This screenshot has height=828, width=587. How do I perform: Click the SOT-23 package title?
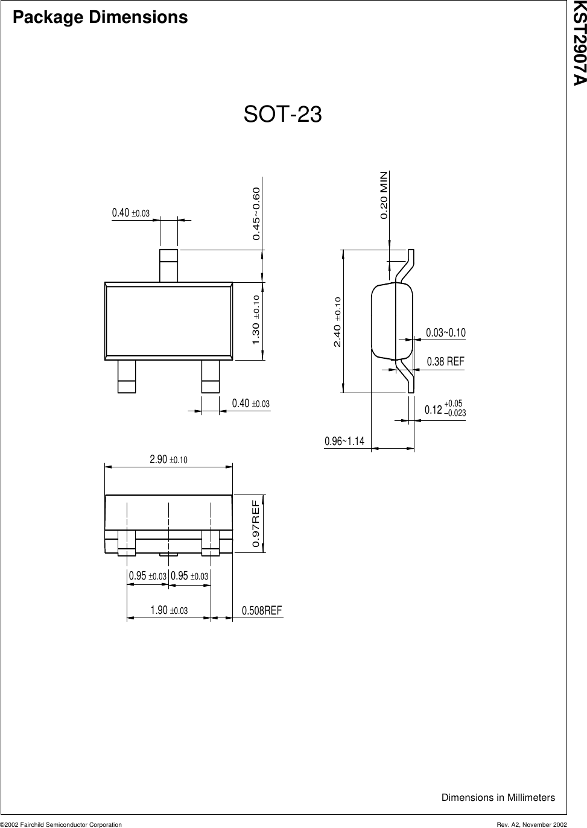coord(282,115)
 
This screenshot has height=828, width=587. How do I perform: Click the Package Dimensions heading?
coord(100,17)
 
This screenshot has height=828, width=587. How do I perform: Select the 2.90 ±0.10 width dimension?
coord(168,460)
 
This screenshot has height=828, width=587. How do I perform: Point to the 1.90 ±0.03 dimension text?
coord(169,611)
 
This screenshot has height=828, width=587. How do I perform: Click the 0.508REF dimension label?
coord(262,611)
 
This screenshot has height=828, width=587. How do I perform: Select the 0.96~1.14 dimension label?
coord(344,441)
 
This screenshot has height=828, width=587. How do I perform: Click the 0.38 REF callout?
coord(446,362)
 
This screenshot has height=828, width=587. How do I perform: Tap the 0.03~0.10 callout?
coord(446,333)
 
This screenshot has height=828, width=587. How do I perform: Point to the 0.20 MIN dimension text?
coord(384,195)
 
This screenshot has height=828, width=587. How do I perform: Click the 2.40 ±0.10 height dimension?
coord(337,322)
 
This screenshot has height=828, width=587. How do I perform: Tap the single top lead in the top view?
coord(168,265)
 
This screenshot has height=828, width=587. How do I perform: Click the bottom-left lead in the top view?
coord(127,376)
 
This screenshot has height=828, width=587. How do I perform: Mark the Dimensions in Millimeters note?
coord(498,797)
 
